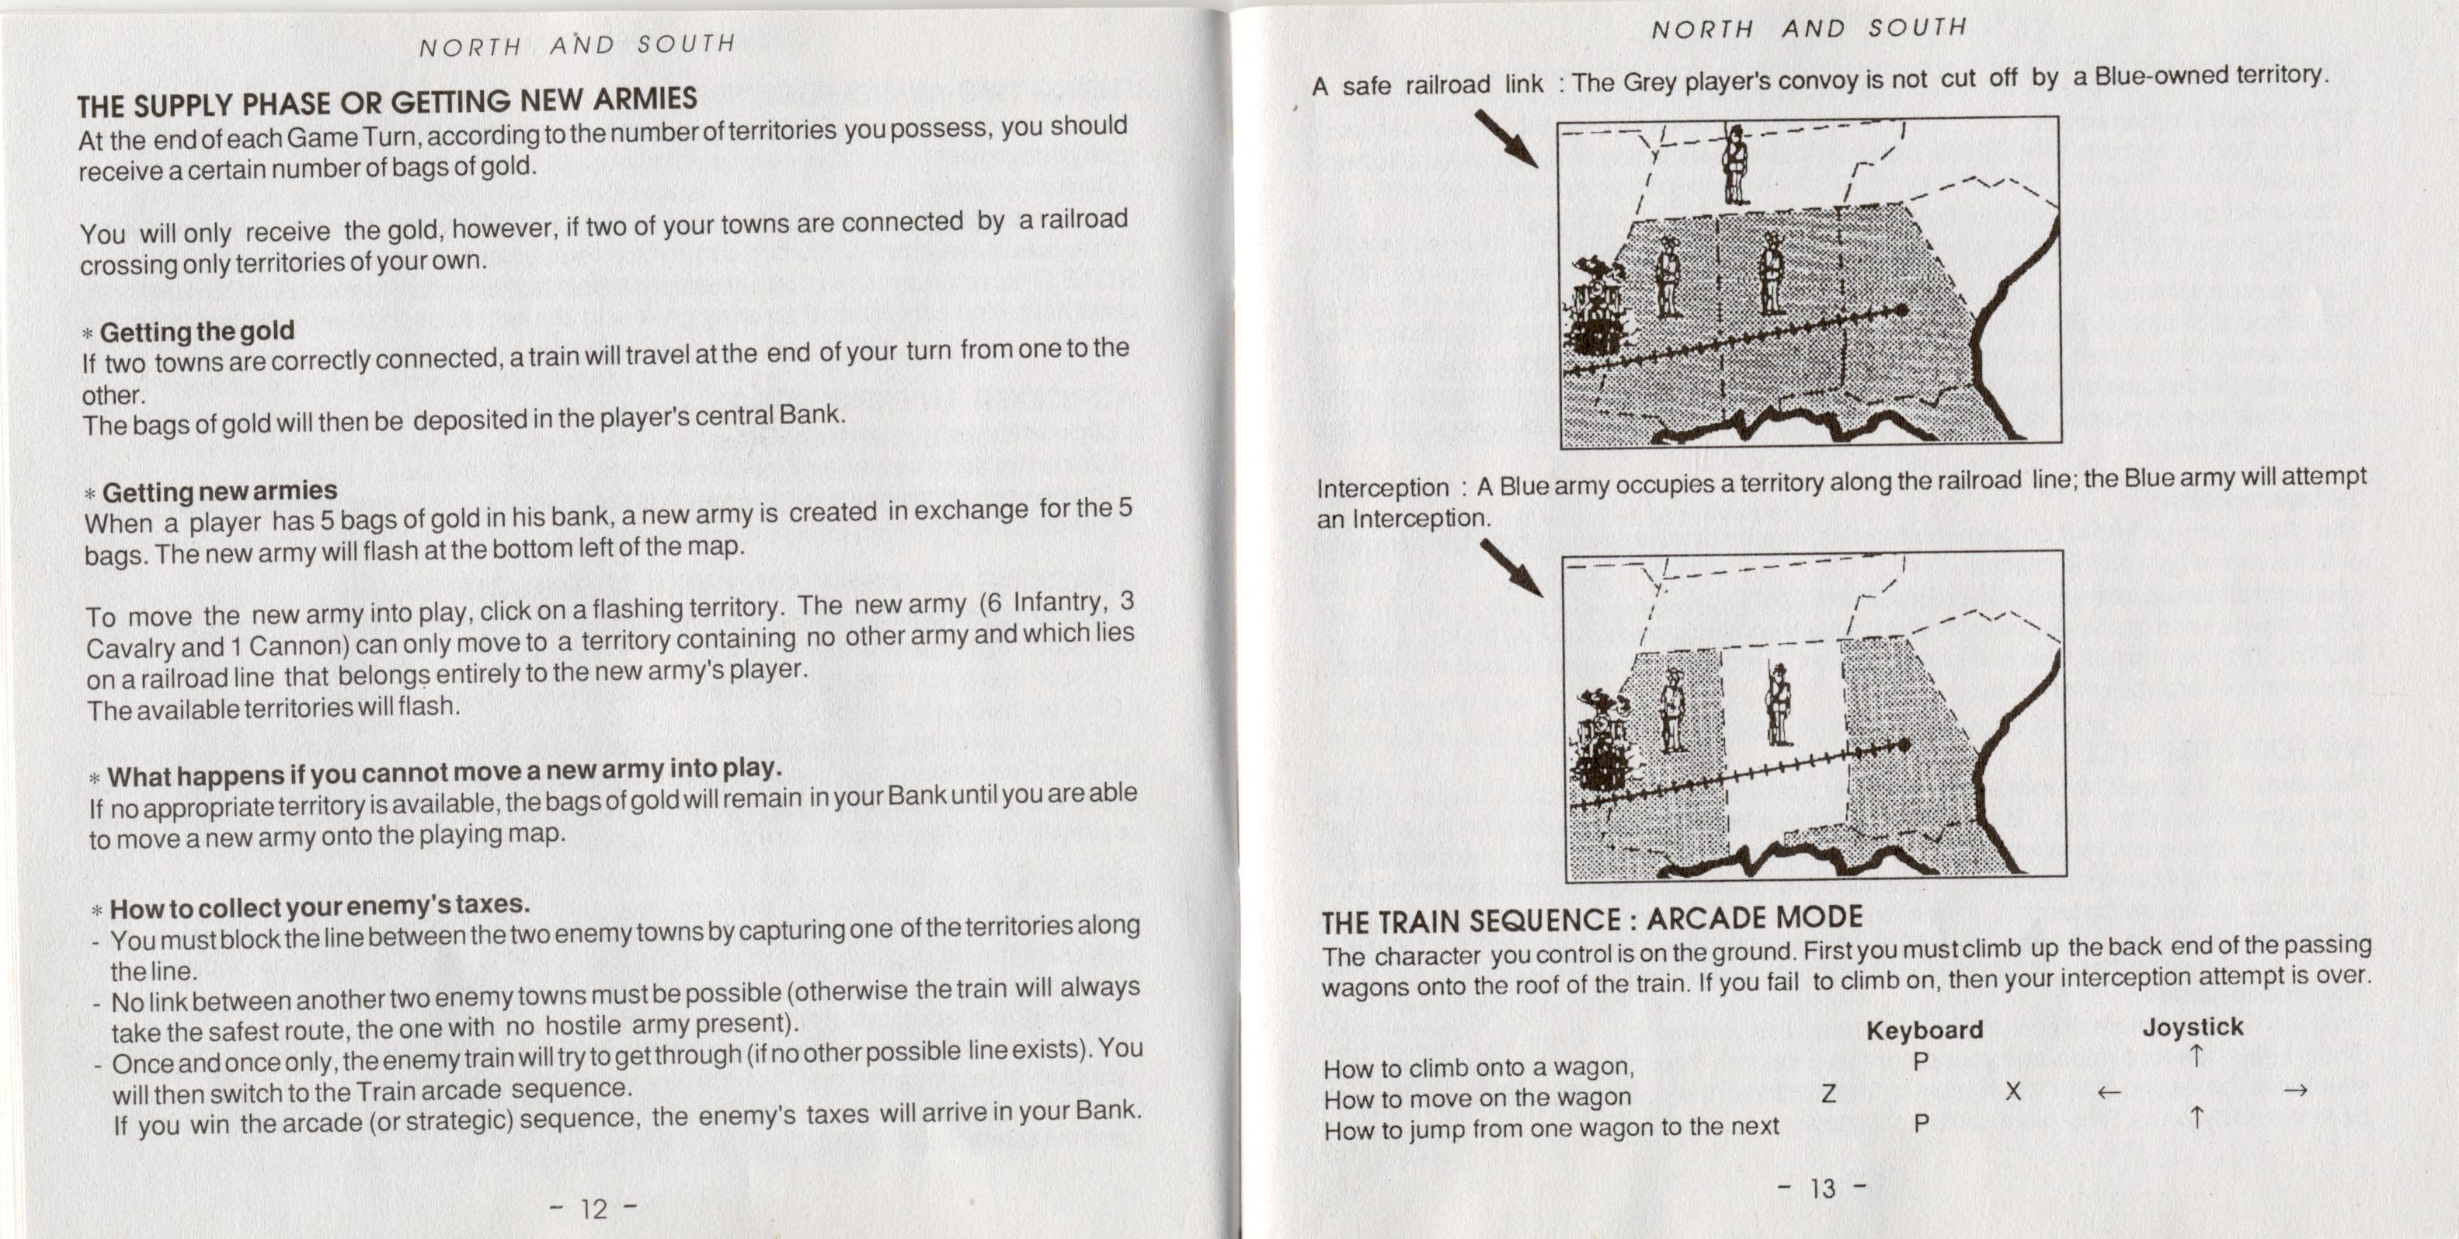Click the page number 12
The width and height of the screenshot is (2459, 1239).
pos(593,1209)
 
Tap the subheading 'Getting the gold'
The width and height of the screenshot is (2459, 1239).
pos(197,331)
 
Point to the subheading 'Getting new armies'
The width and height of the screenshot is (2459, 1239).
pos(220,492)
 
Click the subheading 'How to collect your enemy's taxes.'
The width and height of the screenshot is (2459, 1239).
pos(318,905)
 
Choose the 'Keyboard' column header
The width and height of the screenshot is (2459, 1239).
pos(1924,1030)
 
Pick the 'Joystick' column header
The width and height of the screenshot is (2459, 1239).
pos(2193,1027)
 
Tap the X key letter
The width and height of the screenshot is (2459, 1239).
pos(2012,1091)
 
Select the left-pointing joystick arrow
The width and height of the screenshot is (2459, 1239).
pos(2109,1092)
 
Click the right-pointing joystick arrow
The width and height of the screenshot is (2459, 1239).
pos(2296,1089)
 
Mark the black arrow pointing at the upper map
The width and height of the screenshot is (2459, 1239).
pos(1506,139)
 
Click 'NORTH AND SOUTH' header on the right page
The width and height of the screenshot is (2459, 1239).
pos(1809,29)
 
